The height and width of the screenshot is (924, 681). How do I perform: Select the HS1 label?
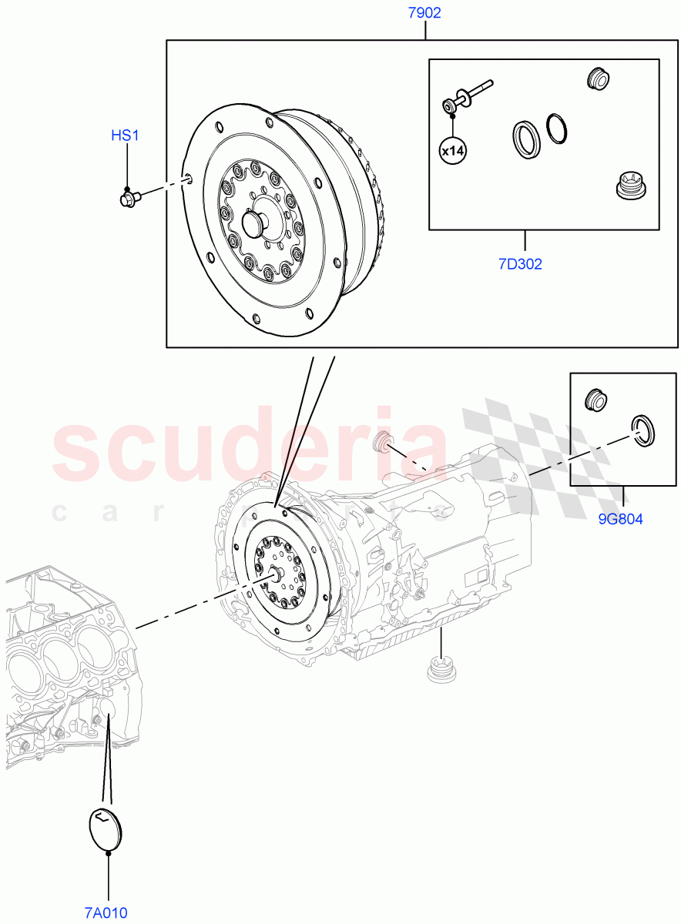[125, 136]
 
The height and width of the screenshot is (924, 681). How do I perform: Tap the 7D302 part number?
[520, 264]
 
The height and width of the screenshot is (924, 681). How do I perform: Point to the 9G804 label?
[620, 519]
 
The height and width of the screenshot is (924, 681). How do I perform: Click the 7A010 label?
[106, 913]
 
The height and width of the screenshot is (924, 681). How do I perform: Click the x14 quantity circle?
[453, 152]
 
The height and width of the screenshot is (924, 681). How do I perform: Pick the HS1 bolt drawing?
[129, 199]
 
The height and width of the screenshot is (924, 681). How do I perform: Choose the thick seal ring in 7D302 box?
[527, 140]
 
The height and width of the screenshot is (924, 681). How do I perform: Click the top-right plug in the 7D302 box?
[597, 79]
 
